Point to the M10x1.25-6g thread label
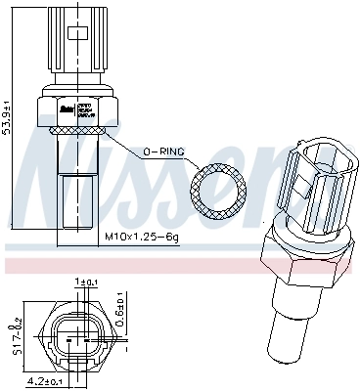(x=142, y=238)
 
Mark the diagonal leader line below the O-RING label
(x=133, y=142)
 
